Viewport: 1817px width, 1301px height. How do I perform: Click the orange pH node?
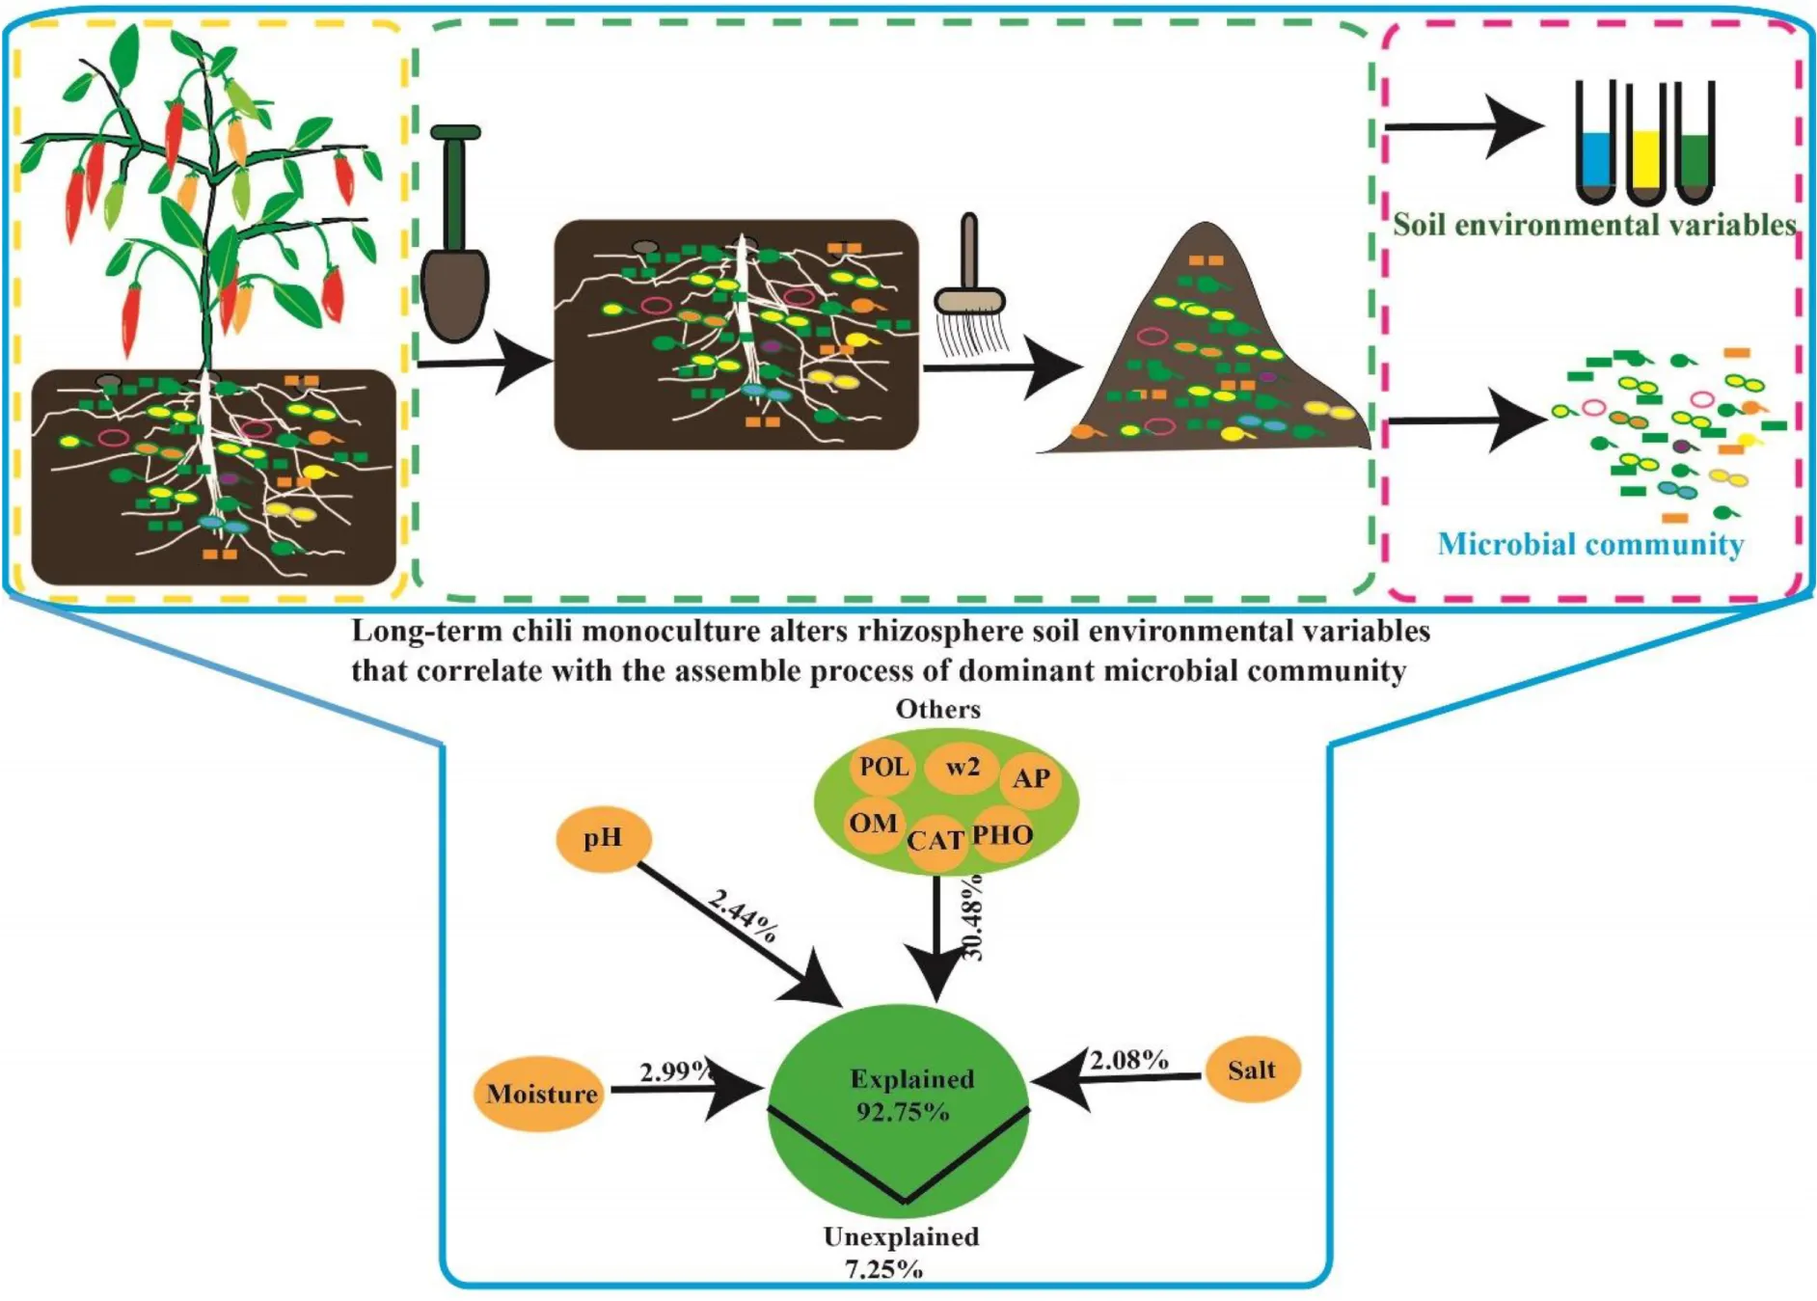click(x=604, y=839)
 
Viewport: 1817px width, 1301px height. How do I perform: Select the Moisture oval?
click(x=541, y=1094)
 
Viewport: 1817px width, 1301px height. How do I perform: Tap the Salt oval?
click(x=1252, y=1070)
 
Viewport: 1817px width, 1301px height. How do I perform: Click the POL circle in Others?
click(x=883, y=767)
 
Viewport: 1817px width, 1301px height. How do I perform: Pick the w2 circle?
click(x=962, y=767)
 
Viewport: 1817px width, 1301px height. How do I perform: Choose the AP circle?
click(x=1031, y=778)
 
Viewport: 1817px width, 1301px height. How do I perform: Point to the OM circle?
click(x=873, y=823)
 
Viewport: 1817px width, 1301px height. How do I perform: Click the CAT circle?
click(x=935, y=841)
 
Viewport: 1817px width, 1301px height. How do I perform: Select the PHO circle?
click(x=1003, y=834)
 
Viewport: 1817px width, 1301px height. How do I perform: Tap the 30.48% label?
click(x=974, y=917)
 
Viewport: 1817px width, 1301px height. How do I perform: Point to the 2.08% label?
click(x=1129, y=1060)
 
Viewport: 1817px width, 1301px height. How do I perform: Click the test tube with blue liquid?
click(x=1596, y=145)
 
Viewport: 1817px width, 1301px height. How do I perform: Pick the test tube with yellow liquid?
click(x=1645, y=145)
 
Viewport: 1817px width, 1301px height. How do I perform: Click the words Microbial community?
click(x=1590, y=545)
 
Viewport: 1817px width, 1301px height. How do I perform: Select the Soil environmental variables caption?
click(x=1594, y=226)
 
